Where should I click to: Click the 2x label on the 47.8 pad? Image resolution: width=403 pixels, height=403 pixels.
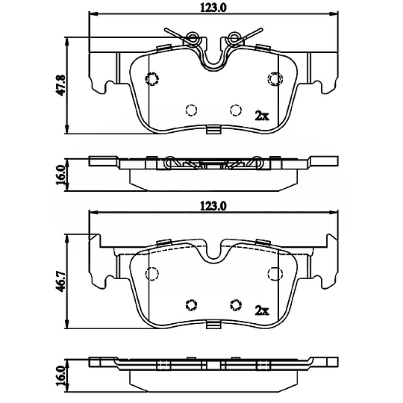261,116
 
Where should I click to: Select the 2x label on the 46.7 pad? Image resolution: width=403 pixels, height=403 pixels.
261,309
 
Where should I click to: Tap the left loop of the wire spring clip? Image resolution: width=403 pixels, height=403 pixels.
194,37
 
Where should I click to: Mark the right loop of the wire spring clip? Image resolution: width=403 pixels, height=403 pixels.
235,37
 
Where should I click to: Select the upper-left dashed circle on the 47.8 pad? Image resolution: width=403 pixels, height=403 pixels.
152,79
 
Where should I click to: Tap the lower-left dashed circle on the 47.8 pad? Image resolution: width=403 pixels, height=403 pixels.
190,110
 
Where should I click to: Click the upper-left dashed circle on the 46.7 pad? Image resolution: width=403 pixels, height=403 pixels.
152,272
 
